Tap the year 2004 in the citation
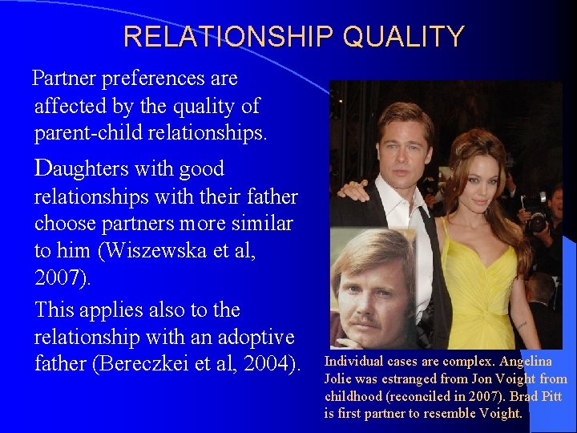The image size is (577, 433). click(x=268, y=364)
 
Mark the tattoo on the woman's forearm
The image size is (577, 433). click(x=522, y=325)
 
